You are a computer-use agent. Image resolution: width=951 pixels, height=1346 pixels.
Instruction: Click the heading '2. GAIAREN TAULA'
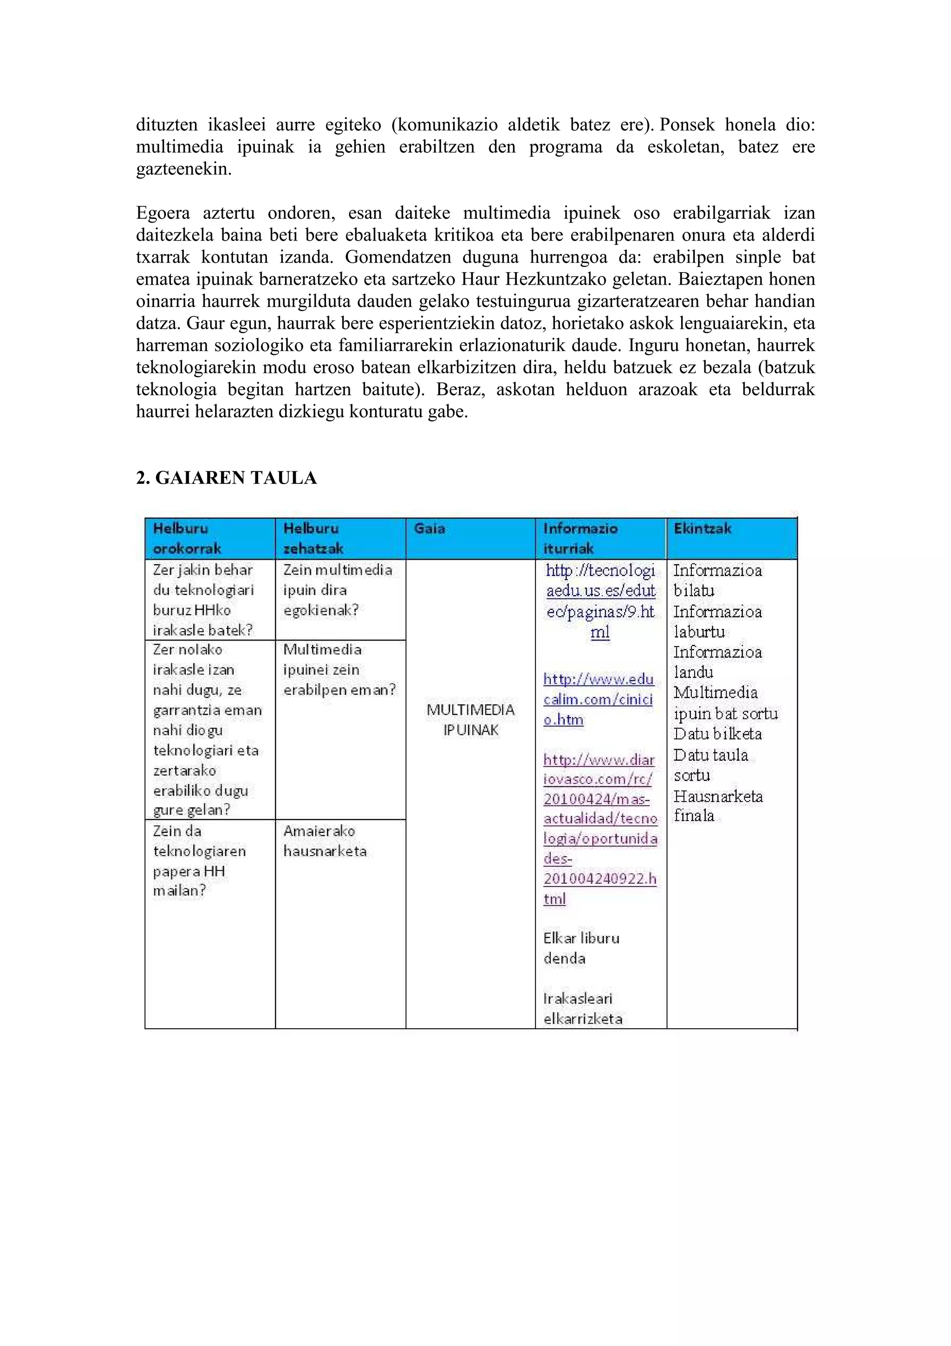tap(226, 478)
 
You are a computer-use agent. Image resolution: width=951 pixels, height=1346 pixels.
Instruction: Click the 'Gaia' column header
tap(430, 528)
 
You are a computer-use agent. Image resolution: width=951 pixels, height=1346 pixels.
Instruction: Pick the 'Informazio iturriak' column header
tap(580, 538)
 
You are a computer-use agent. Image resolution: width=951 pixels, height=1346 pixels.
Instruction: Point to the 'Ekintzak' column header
tap(702, 528)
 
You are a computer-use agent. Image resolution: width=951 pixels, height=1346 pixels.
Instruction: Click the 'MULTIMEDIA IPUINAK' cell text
tap(470, 720)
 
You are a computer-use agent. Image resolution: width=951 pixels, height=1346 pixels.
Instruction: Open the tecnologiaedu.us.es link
tap(600, 601)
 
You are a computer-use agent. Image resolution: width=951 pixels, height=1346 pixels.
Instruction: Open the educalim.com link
tap(598, 699)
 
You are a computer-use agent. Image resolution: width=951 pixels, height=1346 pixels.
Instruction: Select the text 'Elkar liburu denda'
tap(581, 948)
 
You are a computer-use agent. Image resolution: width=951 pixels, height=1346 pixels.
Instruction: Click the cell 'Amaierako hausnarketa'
tap(325, 841)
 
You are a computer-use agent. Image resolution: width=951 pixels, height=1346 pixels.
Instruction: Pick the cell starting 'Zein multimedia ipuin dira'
tap(337, 590)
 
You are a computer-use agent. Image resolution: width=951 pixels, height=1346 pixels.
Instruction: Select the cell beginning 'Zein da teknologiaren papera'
tap(199, 860)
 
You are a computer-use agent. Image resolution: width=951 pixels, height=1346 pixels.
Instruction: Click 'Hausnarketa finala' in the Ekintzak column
tap(717, 805)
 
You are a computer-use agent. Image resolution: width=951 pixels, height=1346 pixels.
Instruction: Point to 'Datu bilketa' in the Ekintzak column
tap(717, 733)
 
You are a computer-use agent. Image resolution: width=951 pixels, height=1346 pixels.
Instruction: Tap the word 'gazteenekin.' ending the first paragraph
tap(183, 169)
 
